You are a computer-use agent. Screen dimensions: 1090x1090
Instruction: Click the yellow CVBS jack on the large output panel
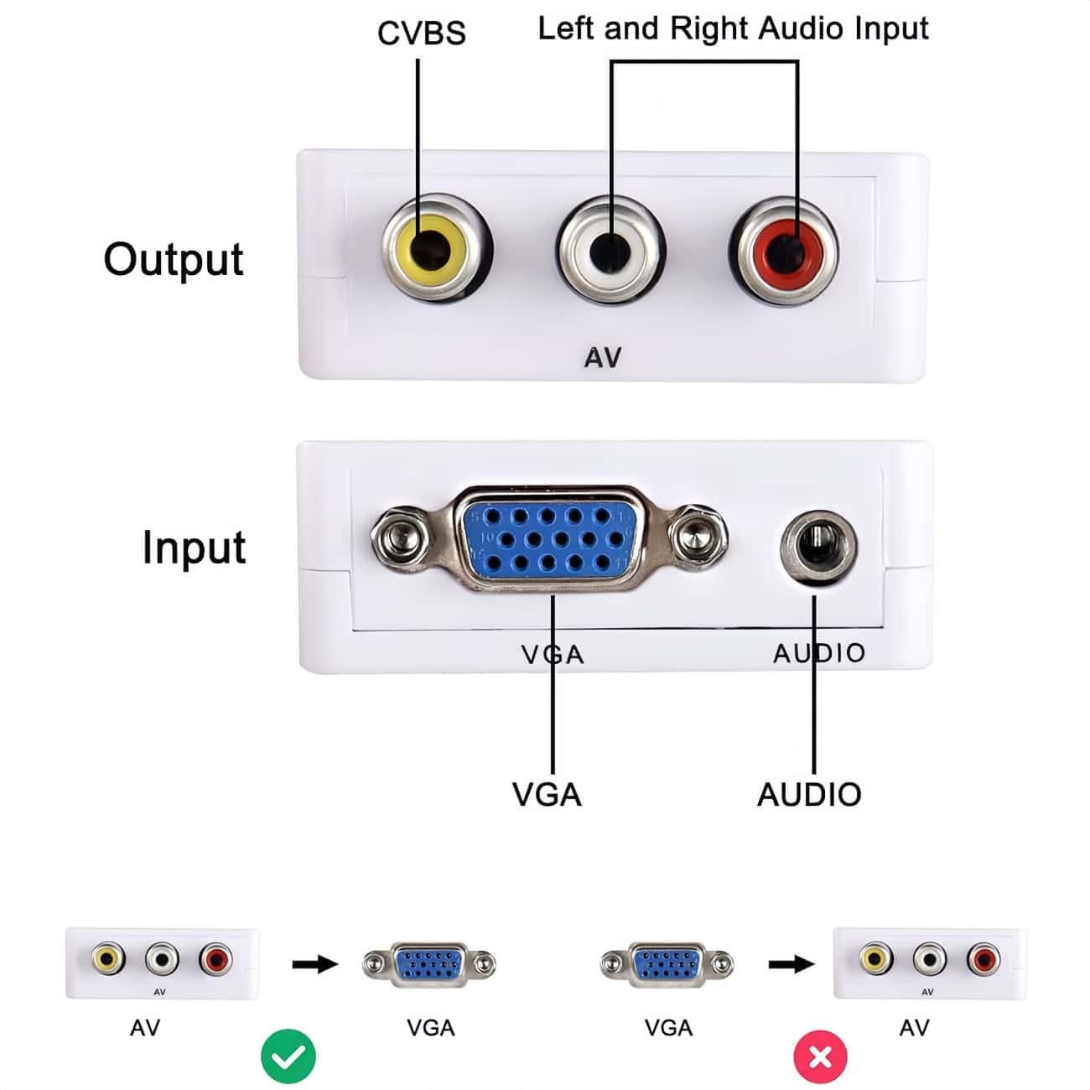[436, 248]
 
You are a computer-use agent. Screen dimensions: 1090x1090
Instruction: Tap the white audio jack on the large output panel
[611, 249]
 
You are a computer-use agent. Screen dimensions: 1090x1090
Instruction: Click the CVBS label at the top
[421, 34]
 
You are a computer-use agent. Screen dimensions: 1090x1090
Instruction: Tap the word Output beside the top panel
[174, 259]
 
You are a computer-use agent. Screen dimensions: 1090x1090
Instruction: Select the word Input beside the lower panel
[194, 548]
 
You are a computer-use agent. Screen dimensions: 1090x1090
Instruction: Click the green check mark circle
[288, 1057]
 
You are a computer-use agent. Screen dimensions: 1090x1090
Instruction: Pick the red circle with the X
[820, 1056]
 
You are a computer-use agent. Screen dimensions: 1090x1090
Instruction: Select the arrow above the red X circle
[791, 964]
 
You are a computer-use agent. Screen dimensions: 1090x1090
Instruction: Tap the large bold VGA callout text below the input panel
[547, 794]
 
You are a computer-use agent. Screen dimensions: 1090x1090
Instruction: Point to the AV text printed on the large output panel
[603, 358]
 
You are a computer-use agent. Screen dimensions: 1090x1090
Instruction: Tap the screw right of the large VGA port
[698, 536]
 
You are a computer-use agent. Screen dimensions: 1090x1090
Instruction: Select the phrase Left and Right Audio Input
[733, 29]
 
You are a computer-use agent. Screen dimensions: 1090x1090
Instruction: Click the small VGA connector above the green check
[429, 964]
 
